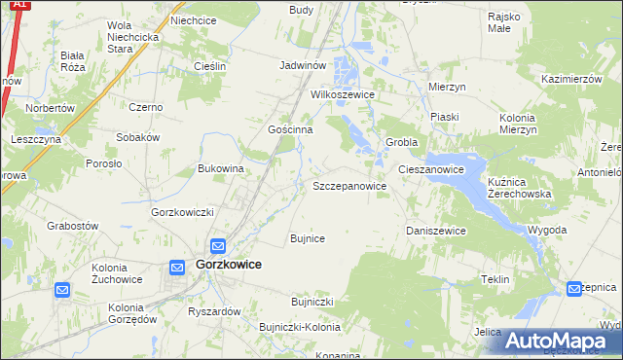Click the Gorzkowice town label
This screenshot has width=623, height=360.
(228, 264)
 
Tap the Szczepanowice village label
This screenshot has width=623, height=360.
(349, 186)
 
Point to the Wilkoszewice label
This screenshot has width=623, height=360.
(343, 95)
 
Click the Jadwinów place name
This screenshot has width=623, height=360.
(301, 65)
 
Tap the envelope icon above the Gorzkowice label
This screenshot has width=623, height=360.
(218, 246)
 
